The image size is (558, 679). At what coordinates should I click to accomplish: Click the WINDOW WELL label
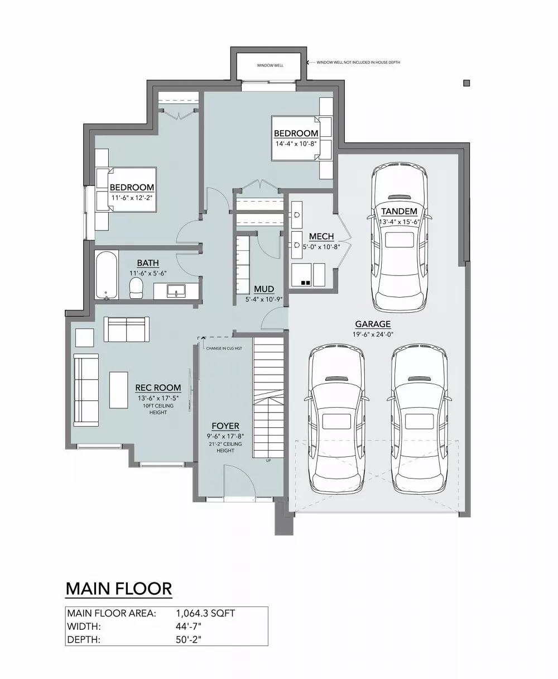(x=270, y=65)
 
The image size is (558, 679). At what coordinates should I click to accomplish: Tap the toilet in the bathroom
(x=136, y=288)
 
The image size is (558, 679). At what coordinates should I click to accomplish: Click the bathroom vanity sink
(x=176, y=291)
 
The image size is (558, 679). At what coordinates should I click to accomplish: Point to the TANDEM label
(x=399, y=212)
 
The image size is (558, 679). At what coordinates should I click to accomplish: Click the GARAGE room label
(x=373, y=324)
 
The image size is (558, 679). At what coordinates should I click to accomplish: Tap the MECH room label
(x=321, y=237)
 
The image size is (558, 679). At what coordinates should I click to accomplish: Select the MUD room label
(x=264, y=289)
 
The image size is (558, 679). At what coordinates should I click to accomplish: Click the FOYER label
(x=225, y=426)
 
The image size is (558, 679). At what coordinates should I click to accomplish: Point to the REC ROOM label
(x=158, y=388)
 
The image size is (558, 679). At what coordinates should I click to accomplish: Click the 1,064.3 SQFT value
(x=205, y=613)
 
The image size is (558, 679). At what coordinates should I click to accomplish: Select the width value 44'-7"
(x=189, y=627)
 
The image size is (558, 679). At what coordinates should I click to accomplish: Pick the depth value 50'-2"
(x=189, y=639)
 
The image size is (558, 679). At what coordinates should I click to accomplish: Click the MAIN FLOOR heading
(x=119, y=589)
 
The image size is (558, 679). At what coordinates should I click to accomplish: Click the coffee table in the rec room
(x=118, y=390)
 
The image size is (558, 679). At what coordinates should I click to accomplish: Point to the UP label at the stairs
(x=268, y=461)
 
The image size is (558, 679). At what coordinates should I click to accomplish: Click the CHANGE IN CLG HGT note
(x=224, y=348)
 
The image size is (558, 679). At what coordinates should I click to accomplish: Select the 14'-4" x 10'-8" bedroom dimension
(x=296, y=144)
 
